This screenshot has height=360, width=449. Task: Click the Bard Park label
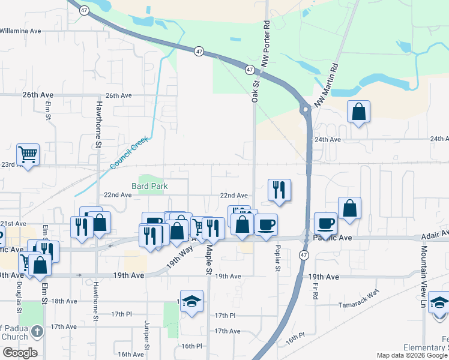[149, 187]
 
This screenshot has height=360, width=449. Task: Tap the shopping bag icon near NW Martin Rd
[358, 111]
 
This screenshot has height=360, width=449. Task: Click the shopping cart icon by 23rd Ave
[28, 155]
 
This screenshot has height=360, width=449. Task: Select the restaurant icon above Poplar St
[279, 190]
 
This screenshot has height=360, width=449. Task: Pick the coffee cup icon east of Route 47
[325, 223]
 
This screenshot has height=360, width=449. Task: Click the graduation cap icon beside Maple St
[191, 302]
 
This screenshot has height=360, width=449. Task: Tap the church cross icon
[37, 331]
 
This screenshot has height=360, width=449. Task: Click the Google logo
[20, 353]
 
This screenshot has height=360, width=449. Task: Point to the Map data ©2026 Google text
[412, 356]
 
